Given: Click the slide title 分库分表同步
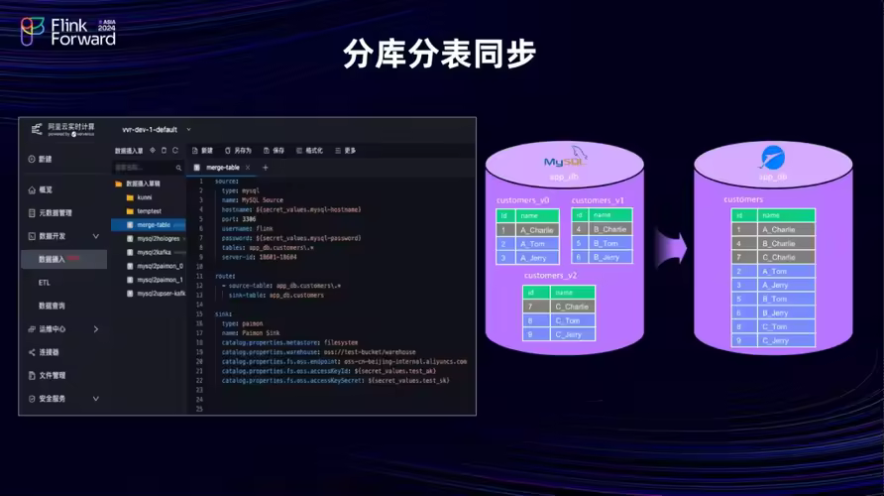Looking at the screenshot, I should [x=440, y=54].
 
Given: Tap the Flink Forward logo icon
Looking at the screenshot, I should [x=33, y=32].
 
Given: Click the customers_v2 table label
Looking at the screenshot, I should [x=550, y=275].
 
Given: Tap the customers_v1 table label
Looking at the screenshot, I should [x=598, y=200].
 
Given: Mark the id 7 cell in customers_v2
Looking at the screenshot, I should [x=531, y=307].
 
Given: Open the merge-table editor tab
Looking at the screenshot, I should [x=223, y=168].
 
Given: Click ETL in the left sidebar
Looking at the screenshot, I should [x=45, y=282].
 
